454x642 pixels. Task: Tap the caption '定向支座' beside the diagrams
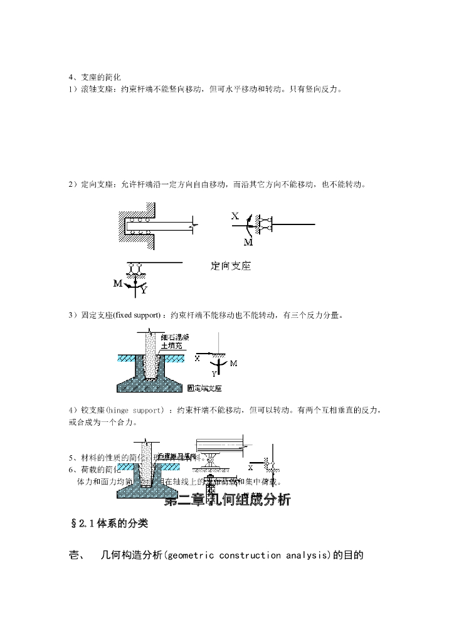(x=230, y=266)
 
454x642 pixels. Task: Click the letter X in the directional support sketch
(x=235, y=216)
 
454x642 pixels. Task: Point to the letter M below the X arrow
(x=248, y=242)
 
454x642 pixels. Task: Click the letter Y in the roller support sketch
(x=144, y=290)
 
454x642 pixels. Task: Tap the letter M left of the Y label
(x=117, y=283)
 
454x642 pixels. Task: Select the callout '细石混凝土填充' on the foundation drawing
(x=174, y=341)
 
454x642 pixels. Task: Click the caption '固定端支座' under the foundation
(x=204, y=388)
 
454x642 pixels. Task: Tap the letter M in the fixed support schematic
(x=233, y=363)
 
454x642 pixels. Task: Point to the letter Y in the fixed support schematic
(x=213, y=373)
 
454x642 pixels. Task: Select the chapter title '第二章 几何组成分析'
(x=227, y=500)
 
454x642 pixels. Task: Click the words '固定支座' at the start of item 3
(x=94, y=315)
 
